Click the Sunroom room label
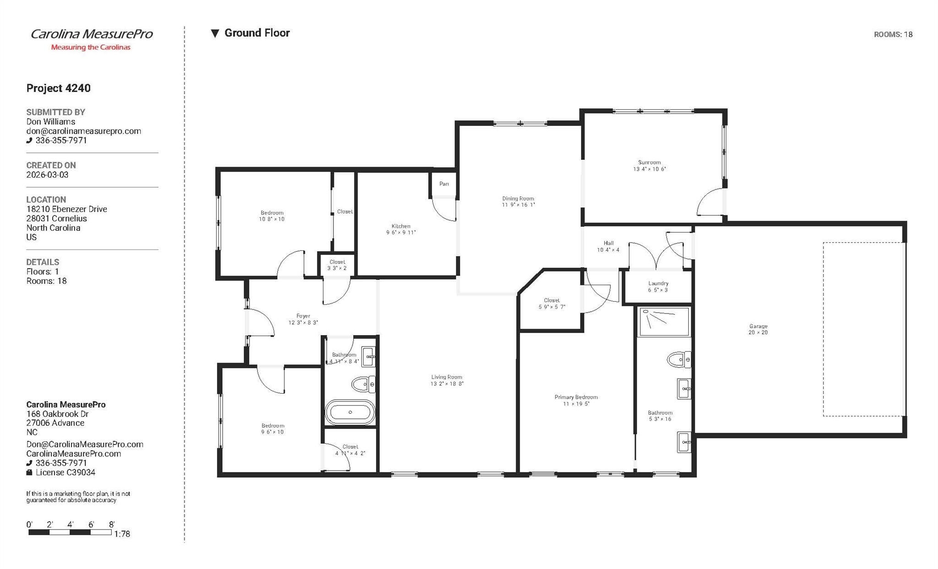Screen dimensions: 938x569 (x=649, y=166)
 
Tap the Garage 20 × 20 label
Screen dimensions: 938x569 (x=758, y=329)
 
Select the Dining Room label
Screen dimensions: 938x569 (x=518, y=201)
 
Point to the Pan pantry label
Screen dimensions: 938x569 (x=444, y=184)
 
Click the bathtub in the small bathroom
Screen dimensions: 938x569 (x=350, y=412)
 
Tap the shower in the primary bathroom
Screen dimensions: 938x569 (x=664, y=322)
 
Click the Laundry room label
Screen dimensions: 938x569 (x=658, y=287)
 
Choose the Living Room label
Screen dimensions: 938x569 (x=447, y=380)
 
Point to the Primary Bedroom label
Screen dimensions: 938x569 (x=576, y=401)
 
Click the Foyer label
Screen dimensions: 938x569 (x=303, y=319)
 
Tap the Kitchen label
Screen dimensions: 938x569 (x=401, y=229)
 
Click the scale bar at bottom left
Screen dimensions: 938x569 (x=70, y=532)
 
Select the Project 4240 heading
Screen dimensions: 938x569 (x=58, y=88)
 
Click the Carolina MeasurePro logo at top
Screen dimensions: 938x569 (x=91, y=39)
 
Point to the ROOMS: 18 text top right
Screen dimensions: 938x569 (x=893, y=34)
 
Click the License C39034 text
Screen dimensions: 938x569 (x=60, y=472)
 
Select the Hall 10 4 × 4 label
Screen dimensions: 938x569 (x=608, y=246)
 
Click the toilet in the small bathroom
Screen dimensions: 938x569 (x=363, y=384)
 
